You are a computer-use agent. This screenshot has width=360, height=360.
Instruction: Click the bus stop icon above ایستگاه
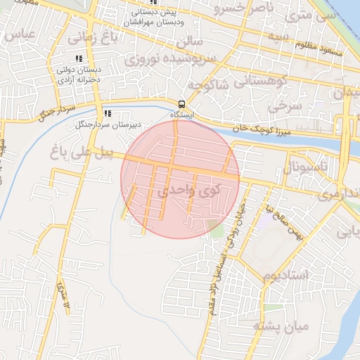[182, 103]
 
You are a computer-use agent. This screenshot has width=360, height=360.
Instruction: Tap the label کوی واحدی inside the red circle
[189, 190]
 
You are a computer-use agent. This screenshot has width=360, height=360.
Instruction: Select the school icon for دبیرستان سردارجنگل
[108, 113]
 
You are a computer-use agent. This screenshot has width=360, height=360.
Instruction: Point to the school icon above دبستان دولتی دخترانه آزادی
[79, 59]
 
